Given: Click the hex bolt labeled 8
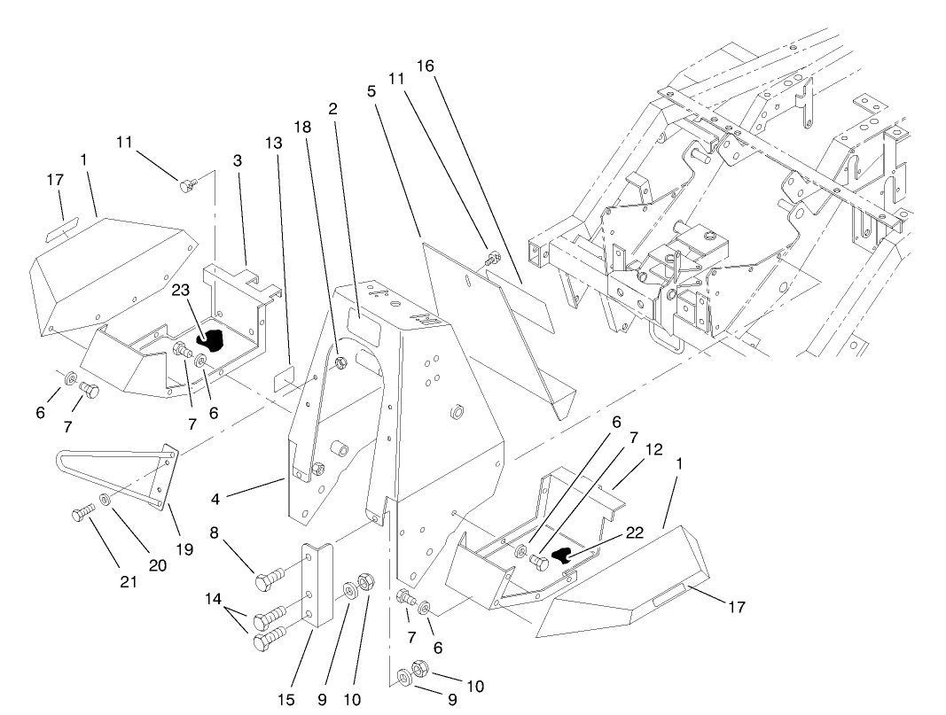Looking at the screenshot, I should [267, 581].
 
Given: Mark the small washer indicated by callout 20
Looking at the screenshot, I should [106, 500].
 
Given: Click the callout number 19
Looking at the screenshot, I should [184, 549].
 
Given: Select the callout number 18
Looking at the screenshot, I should [302, 127].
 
